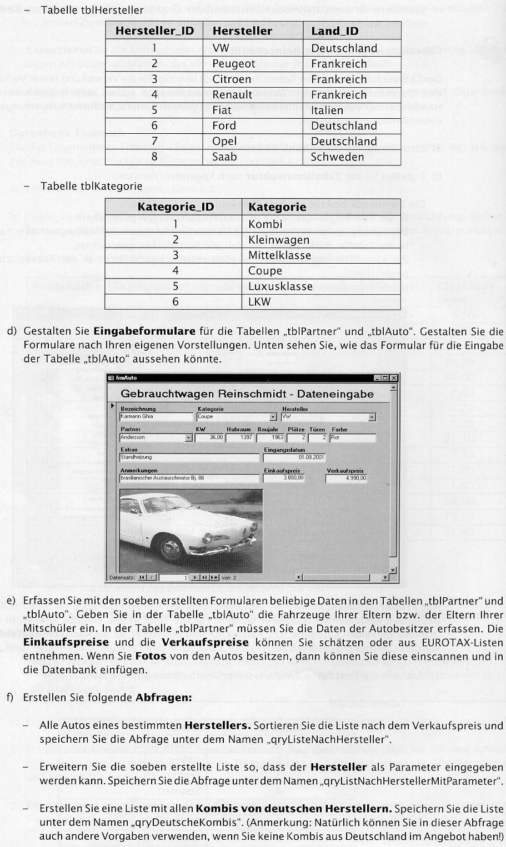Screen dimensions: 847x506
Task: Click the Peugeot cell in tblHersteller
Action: (x=233, y=64)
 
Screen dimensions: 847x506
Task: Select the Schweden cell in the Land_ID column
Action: (x=337, y=157)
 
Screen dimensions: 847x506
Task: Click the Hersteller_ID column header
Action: (x=154, y=31)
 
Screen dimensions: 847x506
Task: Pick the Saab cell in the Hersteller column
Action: (x=224, y=157)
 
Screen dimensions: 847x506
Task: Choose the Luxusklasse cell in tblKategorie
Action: (x=280, y=286)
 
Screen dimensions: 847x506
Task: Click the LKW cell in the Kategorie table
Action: (x=259, y=302)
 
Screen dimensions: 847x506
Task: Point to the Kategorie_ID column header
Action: (x=176, y=207)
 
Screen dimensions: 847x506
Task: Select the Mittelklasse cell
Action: (x=279, y=255)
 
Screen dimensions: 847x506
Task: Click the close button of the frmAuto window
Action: (x=394, y=378)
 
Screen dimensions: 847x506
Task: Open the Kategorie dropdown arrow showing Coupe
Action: (x=273, y=417)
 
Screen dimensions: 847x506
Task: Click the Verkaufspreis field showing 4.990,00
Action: (x=346, y=478)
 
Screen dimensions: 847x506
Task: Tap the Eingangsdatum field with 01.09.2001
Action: (x=294, y=457)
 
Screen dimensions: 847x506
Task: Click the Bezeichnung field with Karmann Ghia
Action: (x=156, y=417)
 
